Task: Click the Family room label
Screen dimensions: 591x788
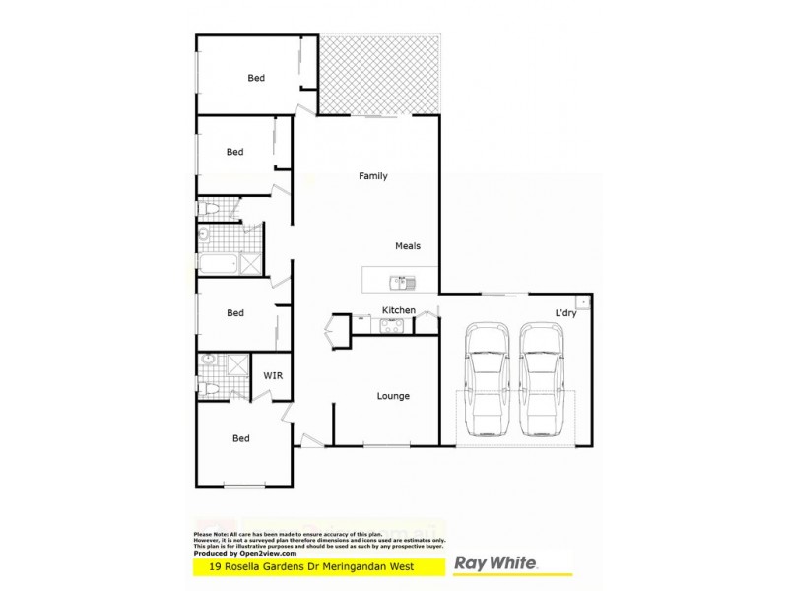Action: [372, 176]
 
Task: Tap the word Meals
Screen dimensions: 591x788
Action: [408, 246]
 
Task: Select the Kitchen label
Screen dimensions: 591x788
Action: [398, 311]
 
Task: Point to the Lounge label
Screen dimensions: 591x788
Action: [393, 396]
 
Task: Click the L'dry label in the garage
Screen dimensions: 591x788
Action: [565, 313]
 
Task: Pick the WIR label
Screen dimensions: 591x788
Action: [273, 375]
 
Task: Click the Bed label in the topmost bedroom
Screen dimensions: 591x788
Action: [256, 78]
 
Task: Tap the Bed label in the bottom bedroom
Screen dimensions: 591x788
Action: [240, 438]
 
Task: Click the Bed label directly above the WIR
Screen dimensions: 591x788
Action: [235, 313]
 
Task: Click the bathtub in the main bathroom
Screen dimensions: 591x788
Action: [217, 264]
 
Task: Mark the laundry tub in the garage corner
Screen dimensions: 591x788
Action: [583, 301]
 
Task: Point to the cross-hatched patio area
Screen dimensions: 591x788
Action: [380, 74]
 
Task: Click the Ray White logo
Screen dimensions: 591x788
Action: [494, 564]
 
